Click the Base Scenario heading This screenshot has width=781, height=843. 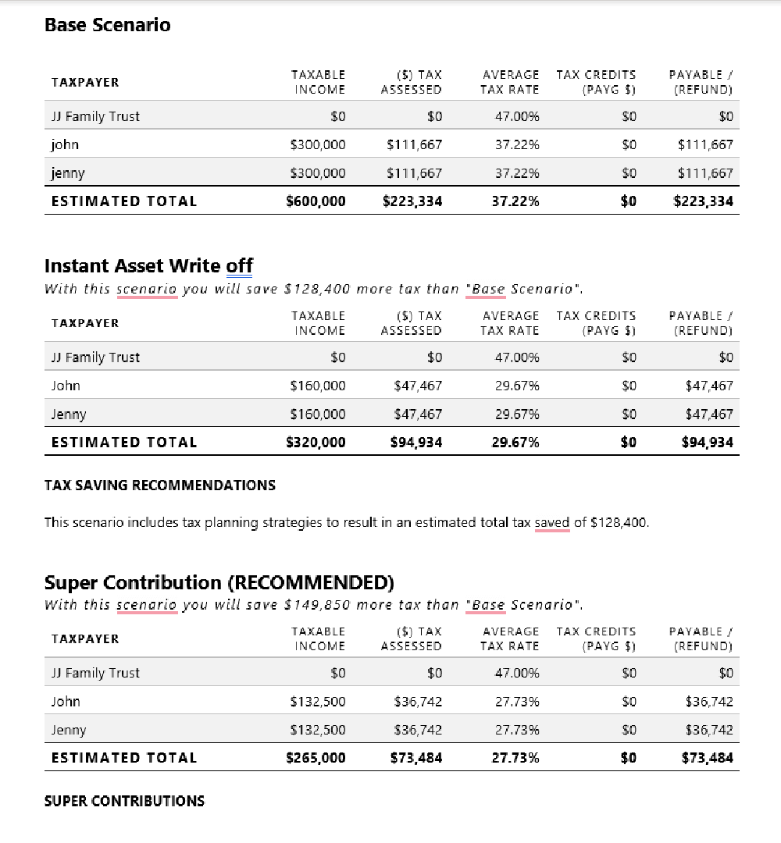(107, 25)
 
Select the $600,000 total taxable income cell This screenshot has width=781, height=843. (316, 201)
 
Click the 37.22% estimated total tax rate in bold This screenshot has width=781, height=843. (515, 201)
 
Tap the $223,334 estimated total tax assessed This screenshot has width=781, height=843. (412, 201)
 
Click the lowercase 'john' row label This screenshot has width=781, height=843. (65, 144)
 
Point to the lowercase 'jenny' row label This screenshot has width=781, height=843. (68, 173)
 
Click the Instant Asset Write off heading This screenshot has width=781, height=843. (148, 266)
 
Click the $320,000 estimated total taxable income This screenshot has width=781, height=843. (316, 443)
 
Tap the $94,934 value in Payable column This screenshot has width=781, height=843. (707, 443)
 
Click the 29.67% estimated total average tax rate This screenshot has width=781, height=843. (515, 443)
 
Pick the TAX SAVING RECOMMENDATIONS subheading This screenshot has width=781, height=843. (160, 486)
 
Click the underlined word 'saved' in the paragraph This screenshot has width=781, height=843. (552, 523)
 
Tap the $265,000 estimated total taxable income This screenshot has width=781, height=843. (316, 758)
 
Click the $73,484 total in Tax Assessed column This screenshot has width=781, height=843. (415, 758)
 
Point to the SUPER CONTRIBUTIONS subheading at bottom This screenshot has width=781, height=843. (124, 802)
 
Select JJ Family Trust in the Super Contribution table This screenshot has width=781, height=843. (95, 673)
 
